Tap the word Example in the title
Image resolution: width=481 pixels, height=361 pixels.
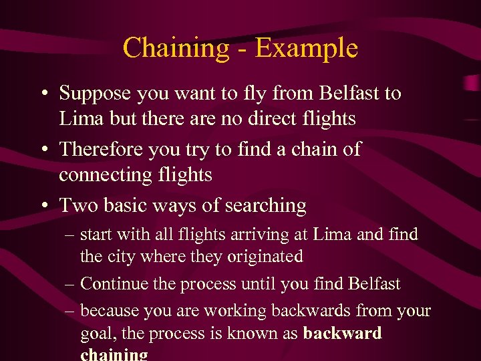(306, 49)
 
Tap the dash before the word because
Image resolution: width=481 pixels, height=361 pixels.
(71, 312)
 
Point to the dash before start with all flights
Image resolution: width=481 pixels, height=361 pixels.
(71, 235)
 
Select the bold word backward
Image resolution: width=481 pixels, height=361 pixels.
(342, 333)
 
